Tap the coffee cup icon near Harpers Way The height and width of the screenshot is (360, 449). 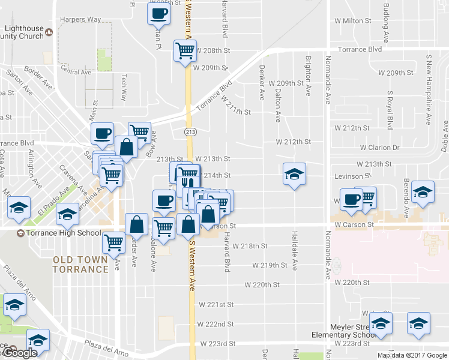(x=158, y=14)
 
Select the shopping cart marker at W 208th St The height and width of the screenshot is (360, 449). (x=185, y=52)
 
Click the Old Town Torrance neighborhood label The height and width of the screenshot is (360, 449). (x=80, y=264)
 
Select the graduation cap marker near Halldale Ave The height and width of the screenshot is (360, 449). (x=294, y=174)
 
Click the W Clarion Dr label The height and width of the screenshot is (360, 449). (x=379, y=147)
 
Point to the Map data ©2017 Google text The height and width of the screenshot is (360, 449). (x=412, y=355)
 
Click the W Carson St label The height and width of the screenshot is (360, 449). (x=354, y=224)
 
